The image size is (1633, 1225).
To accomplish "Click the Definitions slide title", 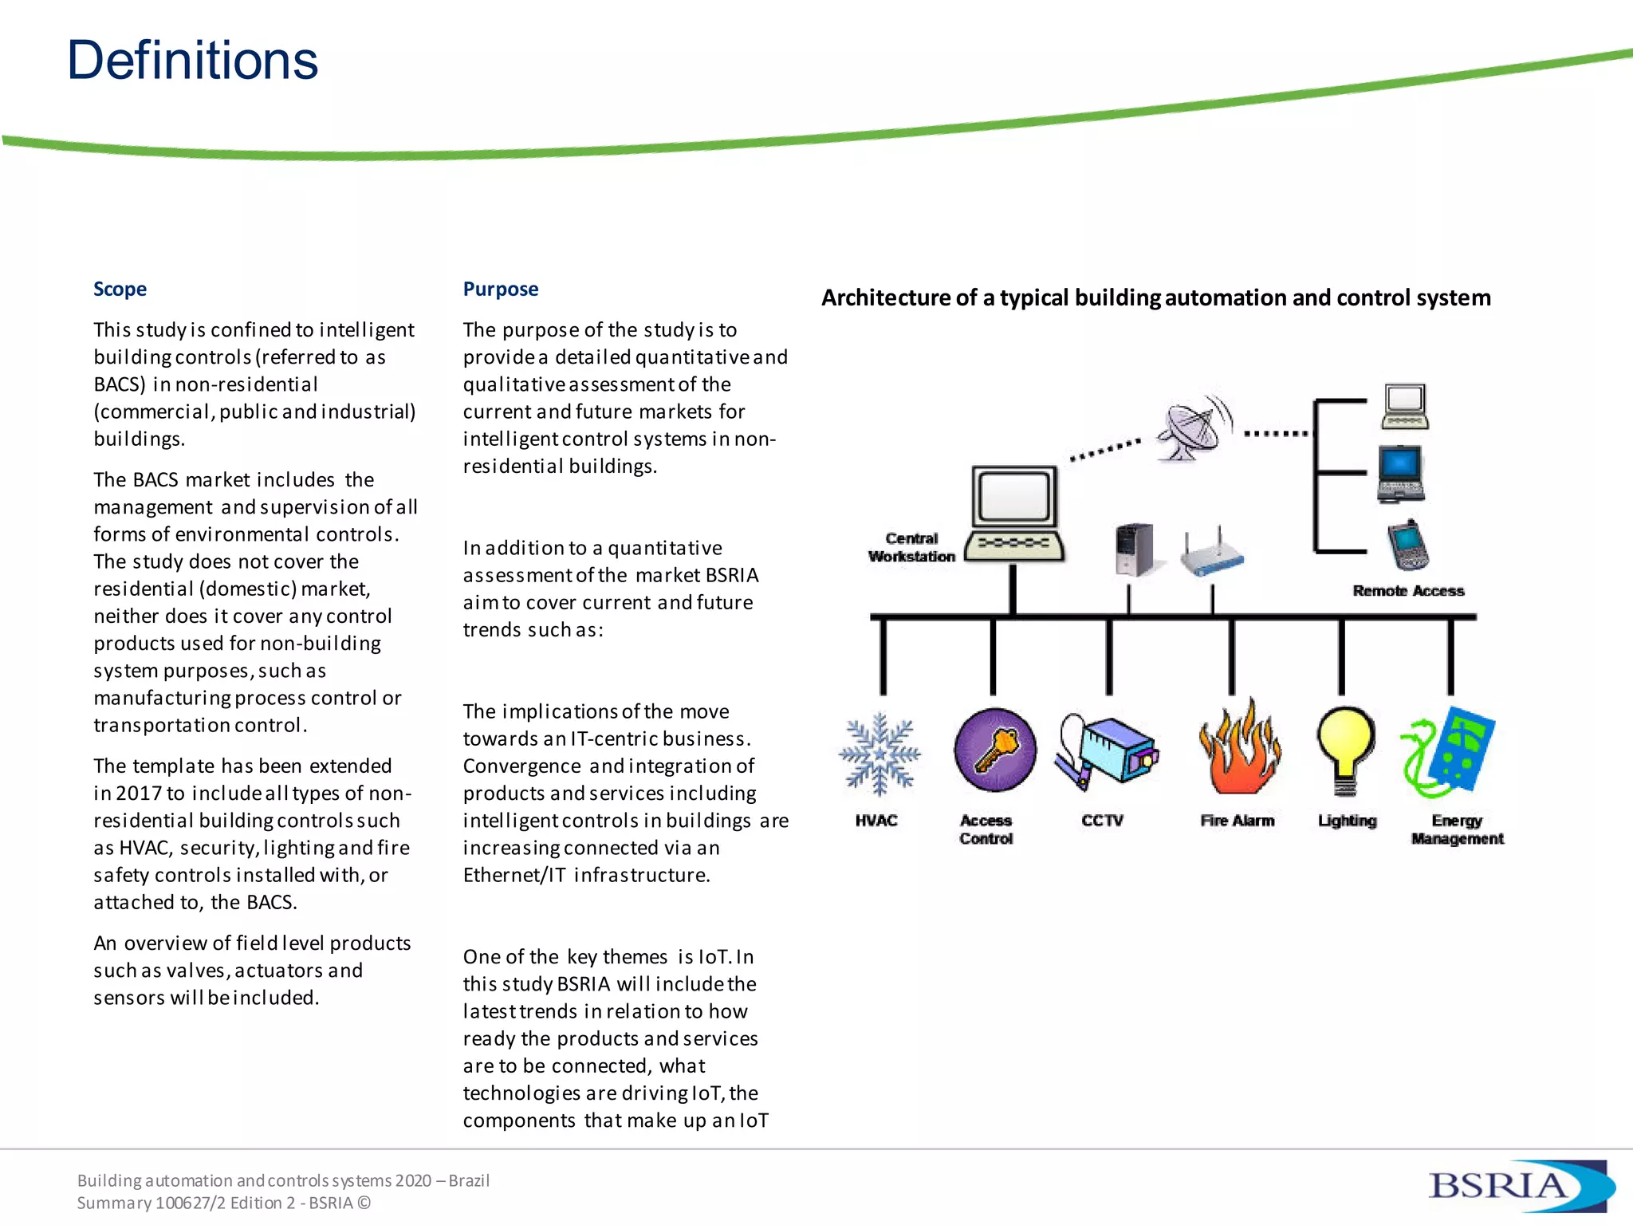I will pos(192,61).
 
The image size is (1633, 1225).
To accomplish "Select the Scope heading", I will pos(120,289).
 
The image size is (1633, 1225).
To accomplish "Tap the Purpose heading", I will pos(500,289).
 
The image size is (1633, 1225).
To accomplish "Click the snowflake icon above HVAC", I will pos(879,754).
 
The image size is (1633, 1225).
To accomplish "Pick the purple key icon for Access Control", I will pos(994,750).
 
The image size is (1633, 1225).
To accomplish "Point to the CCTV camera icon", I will pos(1108,750).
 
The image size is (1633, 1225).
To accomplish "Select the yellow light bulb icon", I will pos(1346,750).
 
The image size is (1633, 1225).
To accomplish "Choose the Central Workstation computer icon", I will pos(1014,514).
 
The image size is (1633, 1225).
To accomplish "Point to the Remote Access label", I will pos(1408,591).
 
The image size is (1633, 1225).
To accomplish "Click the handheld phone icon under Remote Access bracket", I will pos(1408,546).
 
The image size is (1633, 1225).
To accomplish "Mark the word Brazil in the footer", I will pos(469,1180).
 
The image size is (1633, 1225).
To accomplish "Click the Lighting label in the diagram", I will pos(1347,821).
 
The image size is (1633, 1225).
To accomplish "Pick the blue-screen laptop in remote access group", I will pos(1401,475).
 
